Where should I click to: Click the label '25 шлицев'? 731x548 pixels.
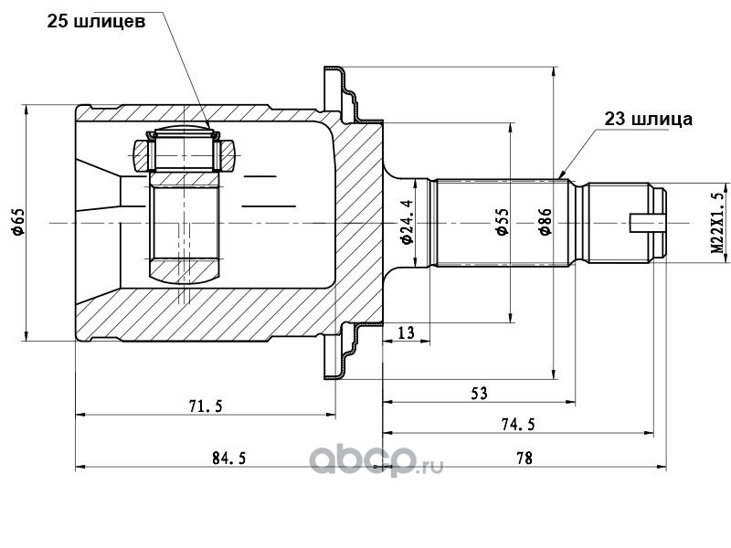tap(96, 21)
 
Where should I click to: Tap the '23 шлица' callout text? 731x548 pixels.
tap(649, 119)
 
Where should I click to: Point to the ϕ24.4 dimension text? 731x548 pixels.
tap(407, 221)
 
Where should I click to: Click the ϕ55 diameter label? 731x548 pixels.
tap(502, 221)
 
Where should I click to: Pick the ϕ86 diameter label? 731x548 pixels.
tap(545, 221)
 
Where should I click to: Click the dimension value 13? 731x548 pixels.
tap(406, 332)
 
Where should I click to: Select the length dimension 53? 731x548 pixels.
tap(479, 394)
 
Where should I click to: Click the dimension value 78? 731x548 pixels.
tap(524, 458)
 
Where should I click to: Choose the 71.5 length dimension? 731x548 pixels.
tap(206, 406)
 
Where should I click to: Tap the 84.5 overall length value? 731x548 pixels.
tap(229, 458)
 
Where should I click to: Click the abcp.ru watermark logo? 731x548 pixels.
tap(376, 461)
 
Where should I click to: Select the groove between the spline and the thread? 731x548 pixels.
tap(579, 223)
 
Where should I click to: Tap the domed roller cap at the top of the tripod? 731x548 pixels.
tap(184, 129)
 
